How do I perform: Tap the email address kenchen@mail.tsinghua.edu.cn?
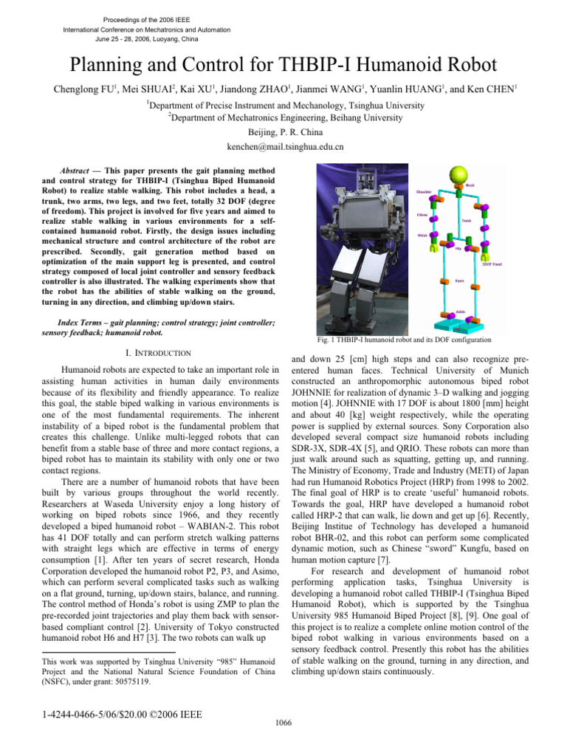pos(283,146)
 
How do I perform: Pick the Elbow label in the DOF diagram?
pos(422,214)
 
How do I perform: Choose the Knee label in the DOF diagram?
pos(458,281)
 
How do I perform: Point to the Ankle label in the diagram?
pos(461,312)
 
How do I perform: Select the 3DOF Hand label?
pos(492,264)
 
